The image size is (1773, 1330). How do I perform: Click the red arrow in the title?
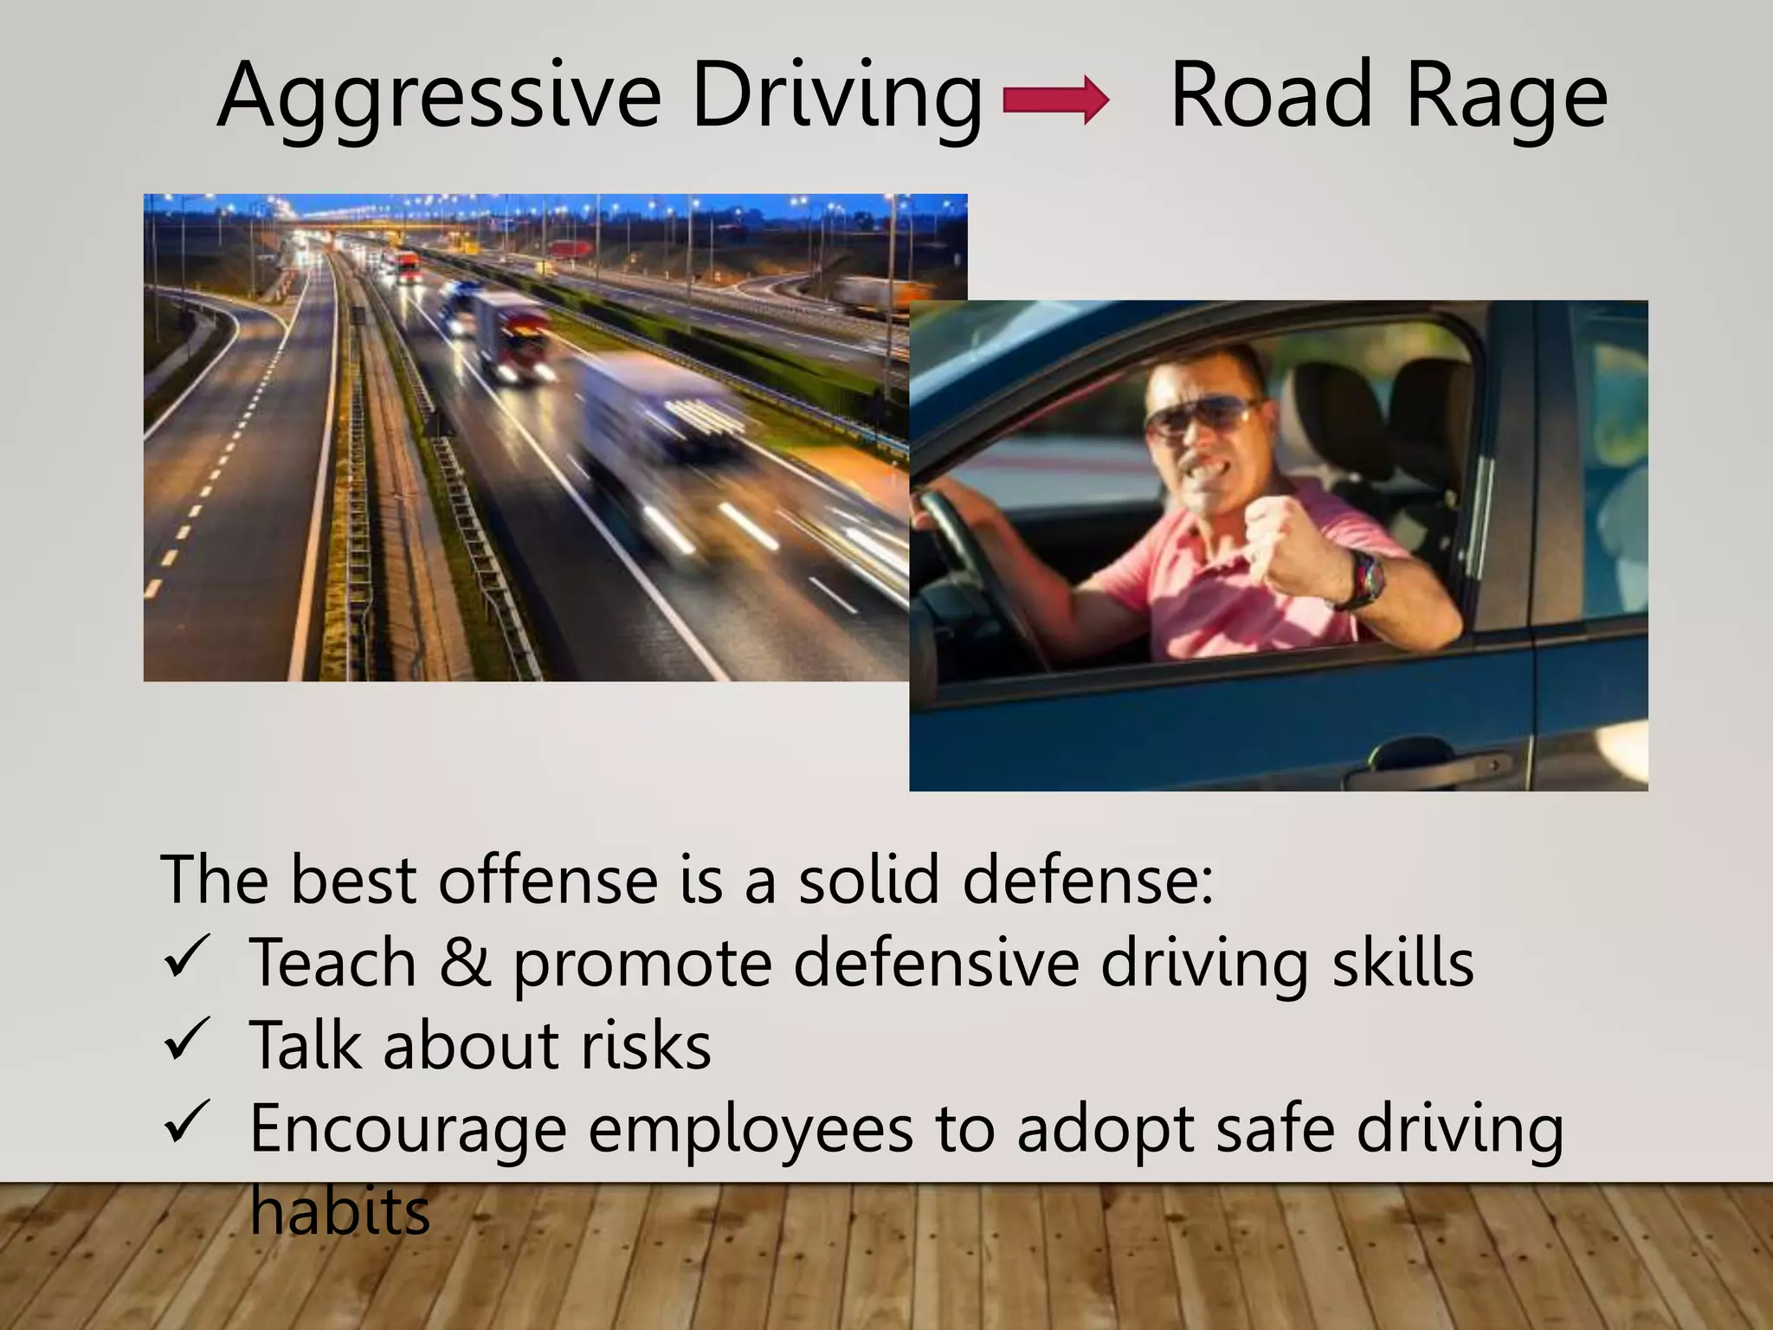[x=1055, y=101]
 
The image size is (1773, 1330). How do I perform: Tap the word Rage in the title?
[x=1506, y=97]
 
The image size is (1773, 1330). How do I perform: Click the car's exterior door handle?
[x=1437, y=765]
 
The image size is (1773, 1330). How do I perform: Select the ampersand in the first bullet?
[x=465, y=962]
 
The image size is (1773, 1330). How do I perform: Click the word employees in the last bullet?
[x=751, y=1129]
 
